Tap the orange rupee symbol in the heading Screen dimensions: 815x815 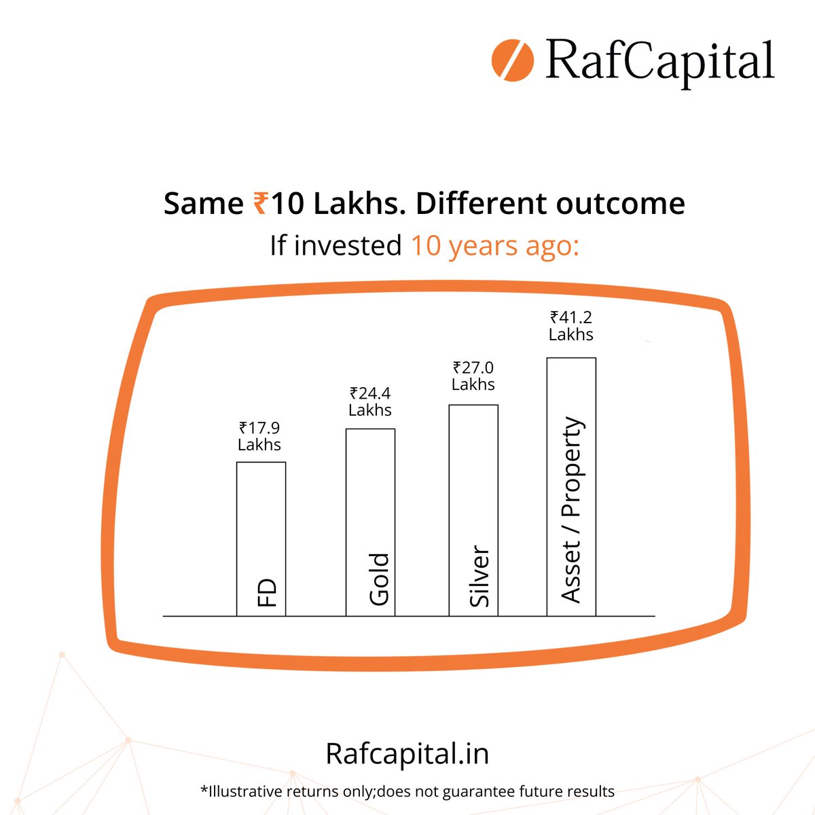(260, 203)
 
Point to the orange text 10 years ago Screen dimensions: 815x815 (494, 245)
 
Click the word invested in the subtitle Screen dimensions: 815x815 (348, 245)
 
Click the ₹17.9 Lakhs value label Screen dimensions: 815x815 (259, 436)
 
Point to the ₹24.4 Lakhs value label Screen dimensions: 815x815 (370, 401)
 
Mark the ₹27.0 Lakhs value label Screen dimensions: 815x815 (473, 376)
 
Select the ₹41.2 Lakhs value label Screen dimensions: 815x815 (571, 325)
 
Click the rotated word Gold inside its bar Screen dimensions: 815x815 (378, 579)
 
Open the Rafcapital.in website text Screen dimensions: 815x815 (407, 754)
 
